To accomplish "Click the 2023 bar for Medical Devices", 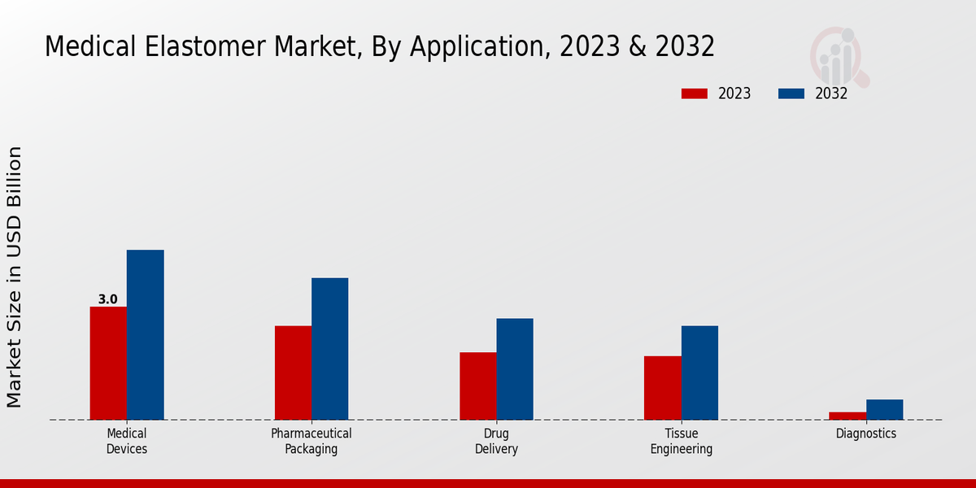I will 108,363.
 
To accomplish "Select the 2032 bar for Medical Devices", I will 145,334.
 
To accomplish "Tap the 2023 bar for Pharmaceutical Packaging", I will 293,373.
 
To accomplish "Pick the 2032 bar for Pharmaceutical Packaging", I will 329,349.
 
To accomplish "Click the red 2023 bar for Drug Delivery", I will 477,386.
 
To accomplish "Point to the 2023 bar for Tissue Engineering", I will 662,388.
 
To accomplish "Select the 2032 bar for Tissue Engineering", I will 699,373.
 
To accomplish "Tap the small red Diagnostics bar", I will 847,416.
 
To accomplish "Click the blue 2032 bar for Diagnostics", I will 884,409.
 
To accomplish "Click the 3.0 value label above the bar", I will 108,299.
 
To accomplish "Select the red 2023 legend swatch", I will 694,94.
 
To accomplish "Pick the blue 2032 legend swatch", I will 791,94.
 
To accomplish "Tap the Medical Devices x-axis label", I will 127,441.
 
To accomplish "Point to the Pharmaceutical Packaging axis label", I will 312,441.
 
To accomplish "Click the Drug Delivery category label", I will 496,441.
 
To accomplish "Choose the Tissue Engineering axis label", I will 682,441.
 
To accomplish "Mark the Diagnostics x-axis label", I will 866,434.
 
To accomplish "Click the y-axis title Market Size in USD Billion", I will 15,277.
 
